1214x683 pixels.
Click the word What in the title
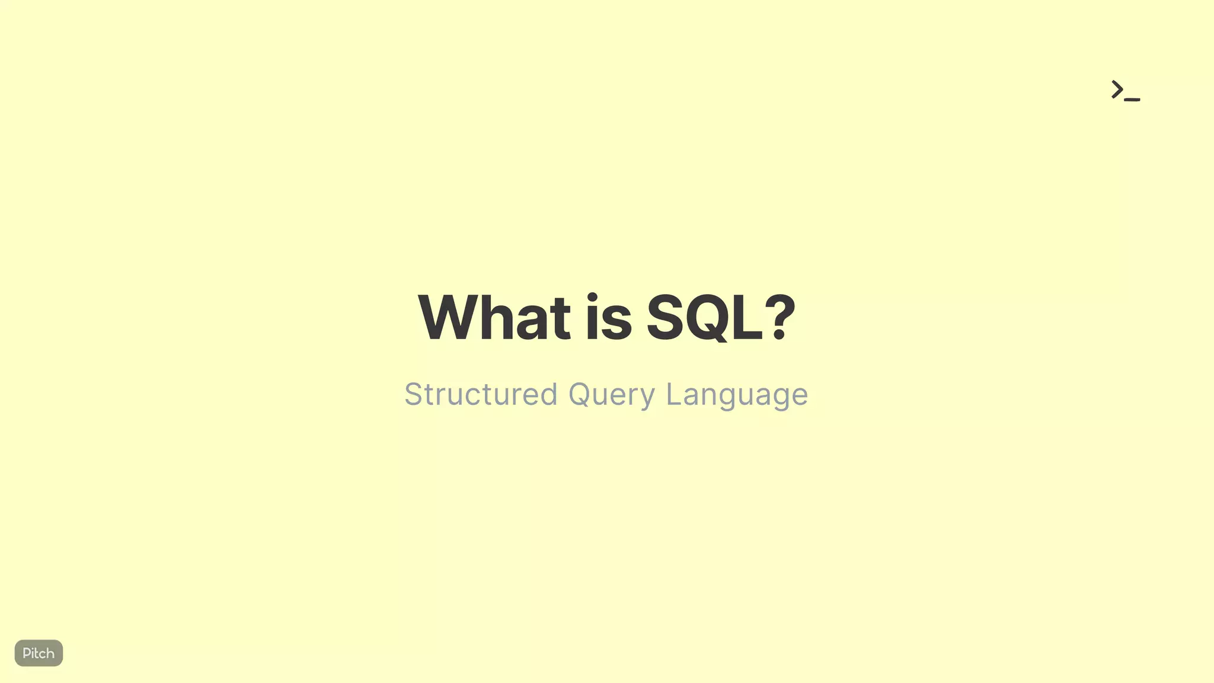[494, 318]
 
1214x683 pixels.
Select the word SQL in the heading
[704, 318]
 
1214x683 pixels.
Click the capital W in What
[448, 318]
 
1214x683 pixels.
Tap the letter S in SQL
[665, 318]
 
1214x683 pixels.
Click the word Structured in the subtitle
[481, 394]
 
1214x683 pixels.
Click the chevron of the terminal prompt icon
[1117, 90]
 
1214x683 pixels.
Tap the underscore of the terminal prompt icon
[1132, 99]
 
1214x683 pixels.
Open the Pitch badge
[39, 653]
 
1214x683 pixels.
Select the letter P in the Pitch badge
[26, 653]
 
